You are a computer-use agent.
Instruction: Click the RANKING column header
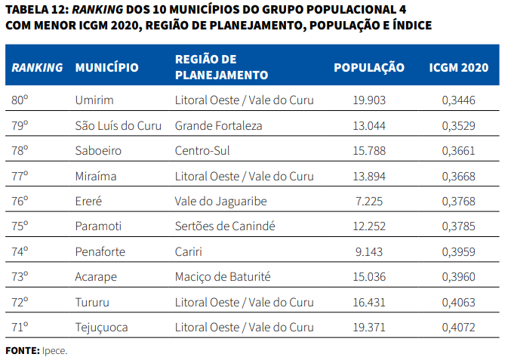click(37, 67)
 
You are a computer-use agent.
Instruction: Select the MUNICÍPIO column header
click(106, 67)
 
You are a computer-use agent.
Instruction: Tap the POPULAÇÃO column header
click(369, 67)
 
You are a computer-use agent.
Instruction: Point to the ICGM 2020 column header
click(459, 67)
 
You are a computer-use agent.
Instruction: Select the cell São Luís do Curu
click(119, 125)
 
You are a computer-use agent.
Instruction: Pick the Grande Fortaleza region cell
click(218, 125)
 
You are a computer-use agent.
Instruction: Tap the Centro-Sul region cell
click(201, 150)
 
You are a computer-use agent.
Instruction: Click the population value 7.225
click(369, 201)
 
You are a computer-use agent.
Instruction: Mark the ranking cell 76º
click(20, 201)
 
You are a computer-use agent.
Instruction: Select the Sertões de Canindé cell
click(225, 226)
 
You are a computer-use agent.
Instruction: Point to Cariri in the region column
click(189, 251)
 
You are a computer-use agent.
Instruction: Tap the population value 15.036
click(369, 276)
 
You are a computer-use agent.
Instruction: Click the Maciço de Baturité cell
click(223, 276)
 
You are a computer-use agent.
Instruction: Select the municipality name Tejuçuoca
click(102, 327)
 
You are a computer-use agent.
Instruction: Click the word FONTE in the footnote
click(22, 350)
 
